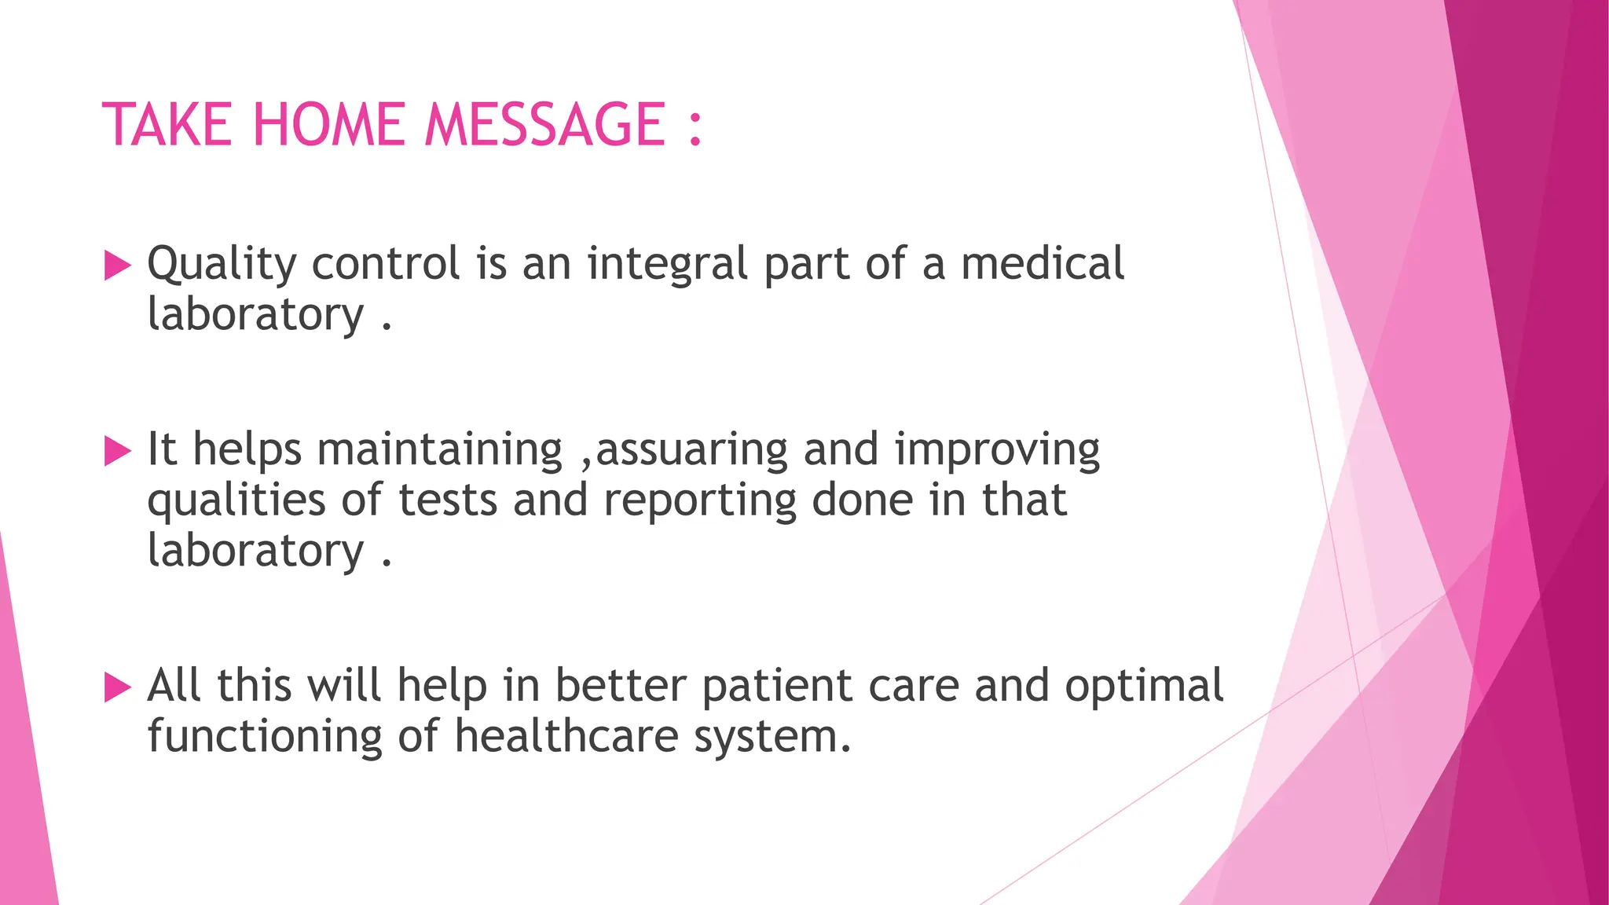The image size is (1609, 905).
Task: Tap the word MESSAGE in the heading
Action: (545, 125)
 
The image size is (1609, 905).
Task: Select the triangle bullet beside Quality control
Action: (117, 266)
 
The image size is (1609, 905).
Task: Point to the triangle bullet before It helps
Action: (117, 452)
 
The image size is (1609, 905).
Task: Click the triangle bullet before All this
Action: (117, 687)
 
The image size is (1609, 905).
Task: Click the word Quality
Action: (222, 264)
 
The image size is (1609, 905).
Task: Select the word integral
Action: (667, 264)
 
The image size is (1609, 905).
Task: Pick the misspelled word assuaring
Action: (691, 450)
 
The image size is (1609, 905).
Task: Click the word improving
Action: (997, 450)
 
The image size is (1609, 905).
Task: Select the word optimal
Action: (1144, 686)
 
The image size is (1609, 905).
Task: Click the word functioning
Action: (265, 736)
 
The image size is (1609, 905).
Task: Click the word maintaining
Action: (440, 450)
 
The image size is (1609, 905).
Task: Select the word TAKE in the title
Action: (167, 125)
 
